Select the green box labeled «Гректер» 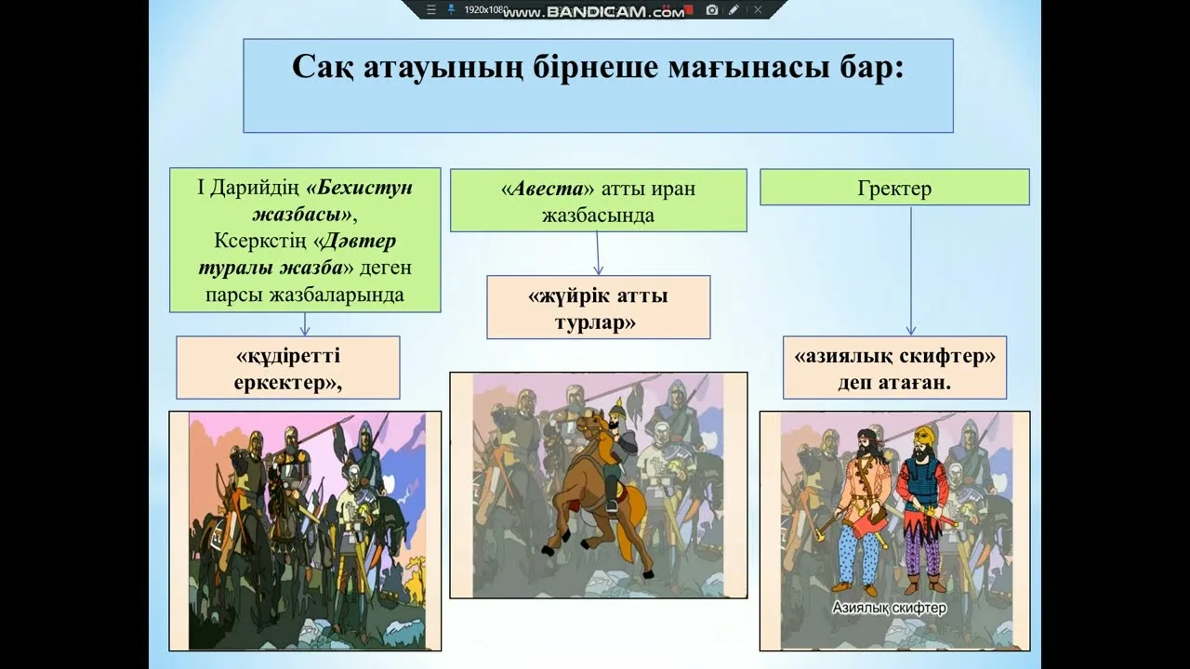894,188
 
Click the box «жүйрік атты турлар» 598,307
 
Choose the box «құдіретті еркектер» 288,368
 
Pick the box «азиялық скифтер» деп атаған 894,368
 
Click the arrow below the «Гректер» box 910,270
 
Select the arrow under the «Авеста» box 598,253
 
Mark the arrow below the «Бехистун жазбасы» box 304,323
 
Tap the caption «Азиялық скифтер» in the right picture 889,609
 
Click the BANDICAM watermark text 596,11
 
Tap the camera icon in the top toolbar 712,9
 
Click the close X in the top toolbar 758,9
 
